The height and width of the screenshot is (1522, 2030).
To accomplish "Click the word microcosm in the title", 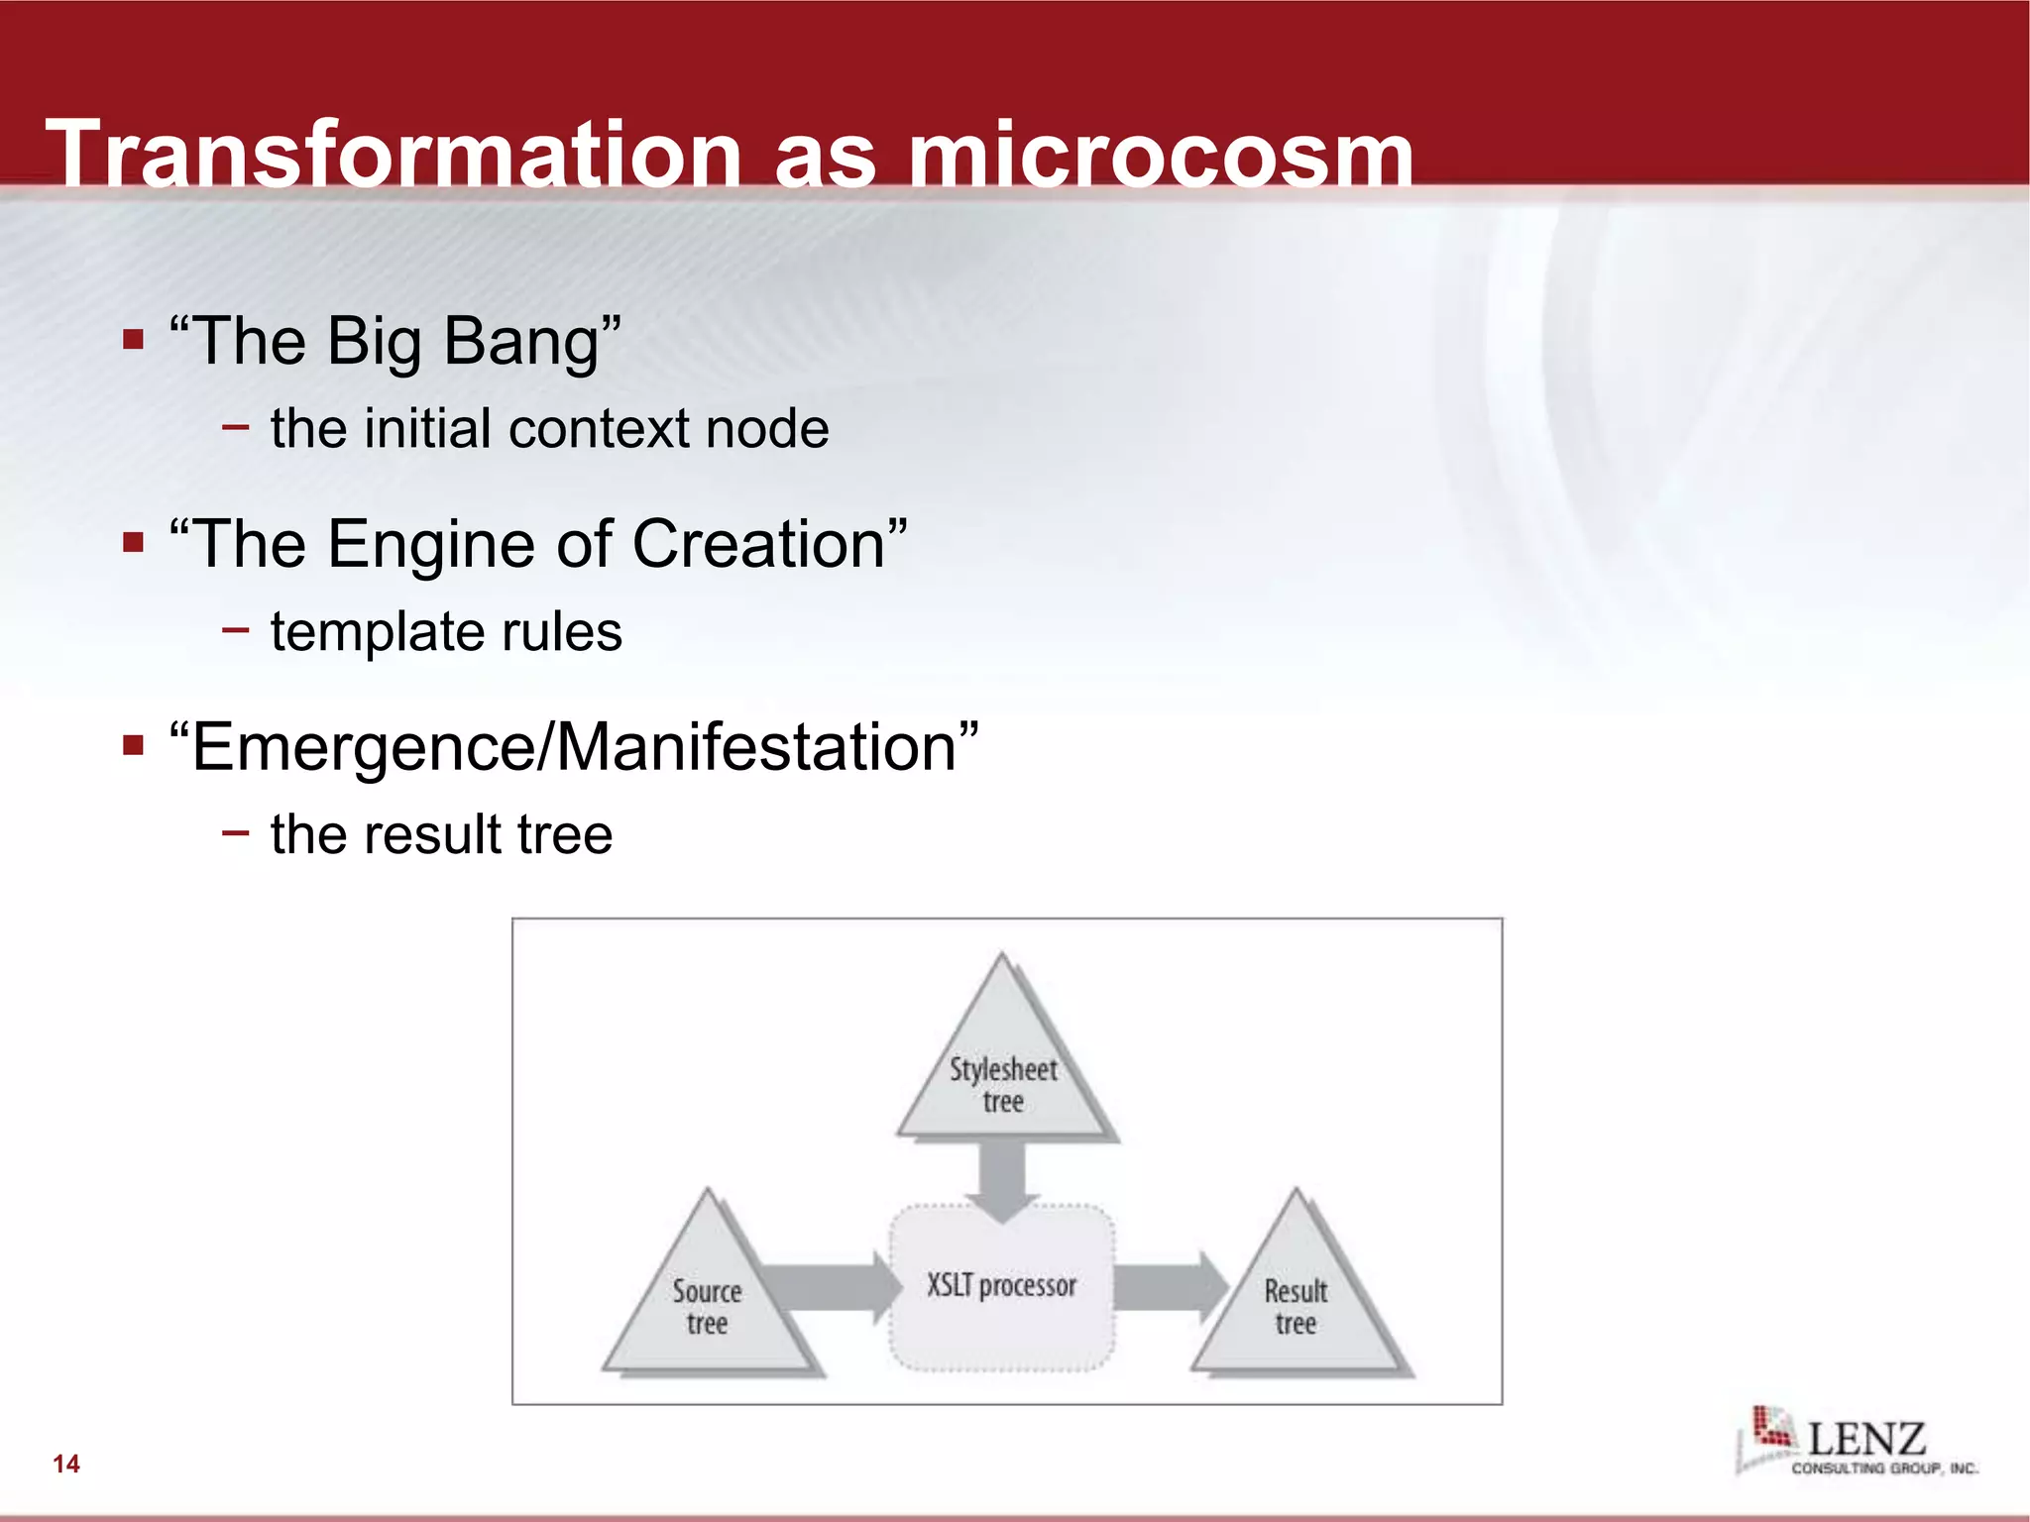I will (x=1161, y=157).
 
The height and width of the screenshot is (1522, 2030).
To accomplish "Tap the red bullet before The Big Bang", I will (x=134, y=341).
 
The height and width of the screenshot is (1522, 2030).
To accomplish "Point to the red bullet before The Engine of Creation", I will (x=134, y=543).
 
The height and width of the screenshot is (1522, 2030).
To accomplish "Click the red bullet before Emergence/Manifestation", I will (x=134, y=745).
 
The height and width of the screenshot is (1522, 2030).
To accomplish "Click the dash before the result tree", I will (x=236, y=832).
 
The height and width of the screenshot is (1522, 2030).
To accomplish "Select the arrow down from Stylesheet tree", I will (x=1002, y=1179).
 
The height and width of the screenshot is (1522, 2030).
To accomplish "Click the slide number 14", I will (x=66, y=1464).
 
